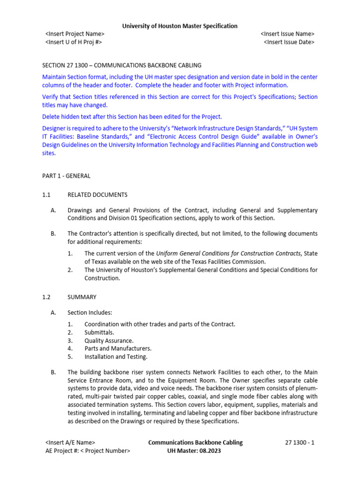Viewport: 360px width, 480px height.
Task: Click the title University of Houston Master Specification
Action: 180,26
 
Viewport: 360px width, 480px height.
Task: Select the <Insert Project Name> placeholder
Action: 75,34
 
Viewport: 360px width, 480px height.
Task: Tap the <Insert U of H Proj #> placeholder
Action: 74,42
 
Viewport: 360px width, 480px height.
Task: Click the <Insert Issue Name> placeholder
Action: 287,34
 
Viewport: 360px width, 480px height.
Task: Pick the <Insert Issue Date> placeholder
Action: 289,42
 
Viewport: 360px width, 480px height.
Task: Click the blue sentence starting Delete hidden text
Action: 132,116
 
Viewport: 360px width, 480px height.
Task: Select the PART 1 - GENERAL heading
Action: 66,176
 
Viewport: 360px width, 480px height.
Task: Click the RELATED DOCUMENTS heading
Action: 97,195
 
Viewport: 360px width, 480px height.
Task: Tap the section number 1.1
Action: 46,195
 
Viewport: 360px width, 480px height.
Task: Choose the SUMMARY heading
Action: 82,297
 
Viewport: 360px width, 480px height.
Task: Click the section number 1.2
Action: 46,297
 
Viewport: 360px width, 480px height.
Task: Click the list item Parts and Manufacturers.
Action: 118,349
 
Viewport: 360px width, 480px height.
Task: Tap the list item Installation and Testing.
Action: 116,357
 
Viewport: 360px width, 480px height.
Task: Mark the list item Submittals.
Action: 99,332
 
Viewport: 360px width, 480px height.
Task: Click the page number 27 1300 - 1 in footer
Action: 300,442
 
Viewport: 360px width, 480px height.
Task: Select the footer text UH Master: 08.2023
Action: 194,450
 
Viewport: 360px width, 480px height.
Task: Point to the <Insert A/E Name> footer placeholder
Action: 70,442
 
